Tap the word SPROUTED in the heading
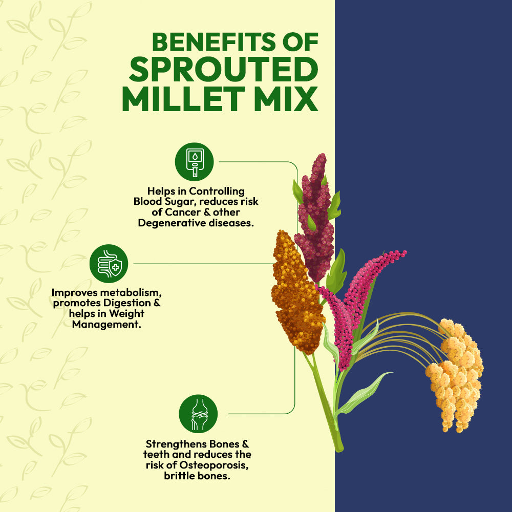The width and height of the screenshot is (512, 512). point(220,71)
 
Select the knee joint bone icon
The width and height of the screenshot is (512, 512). point(198,413)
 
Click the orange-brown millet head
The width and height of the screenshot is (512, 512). point(296,292)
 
